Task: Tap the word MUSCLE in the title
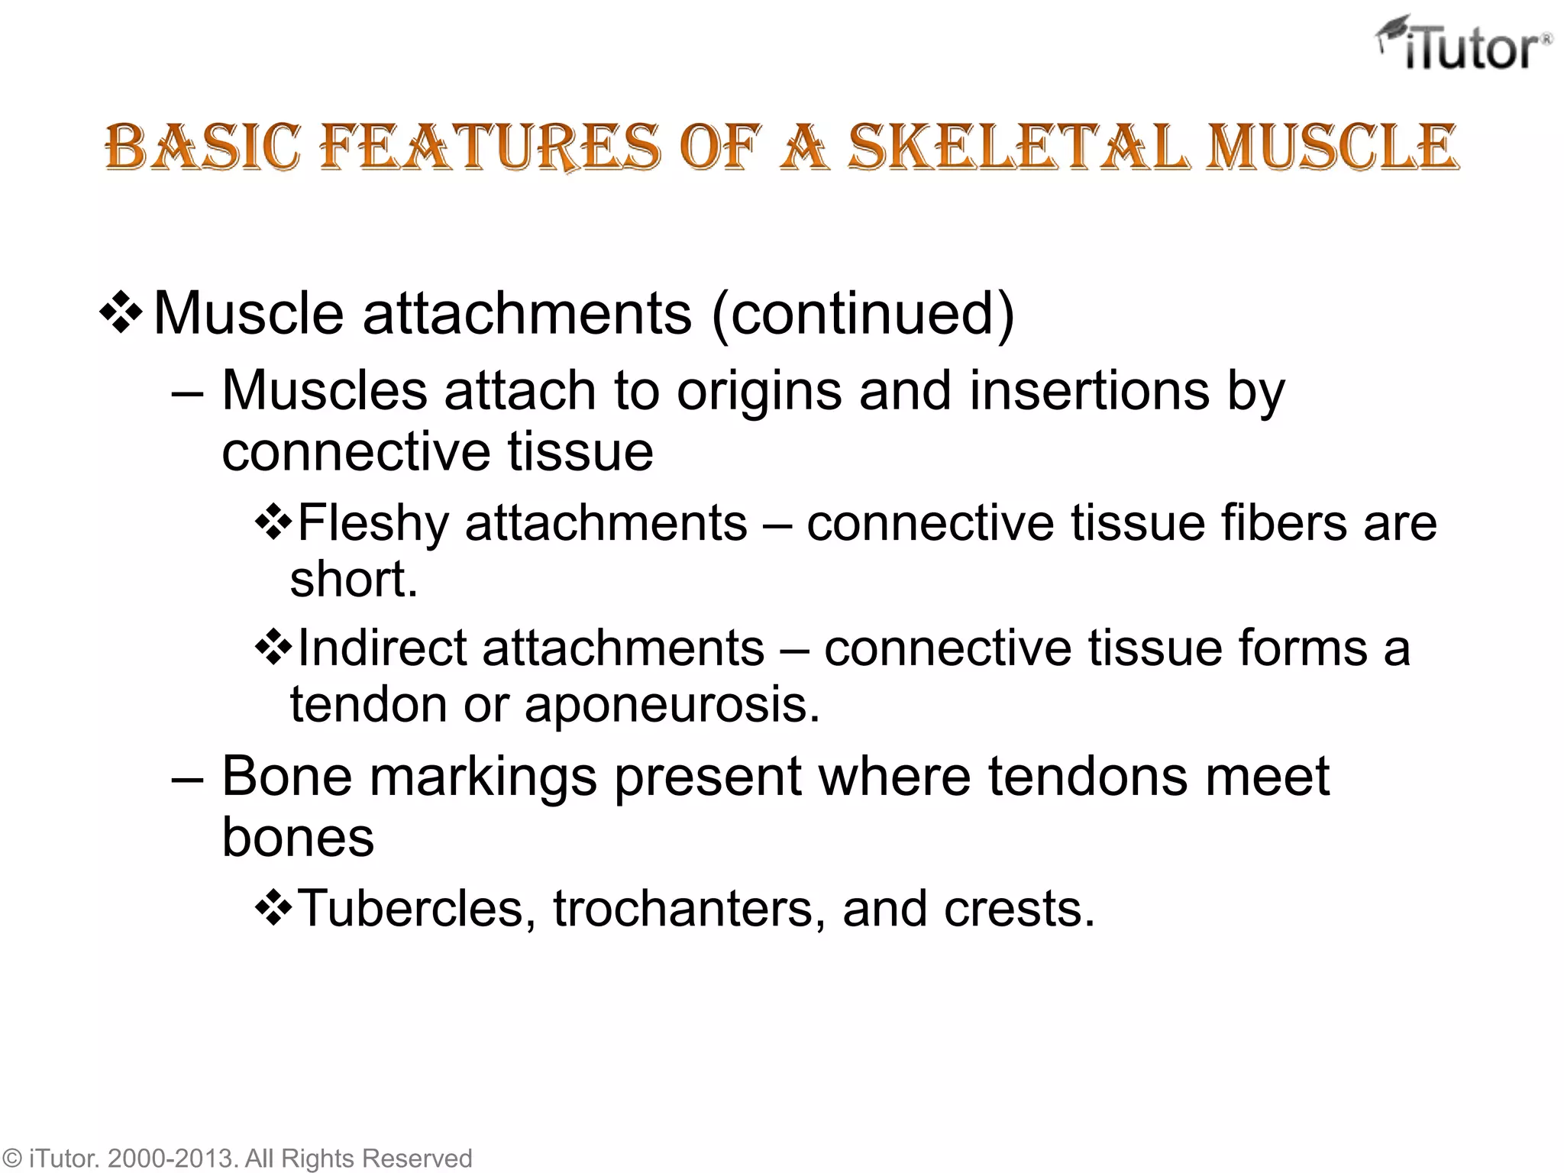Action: pos(1332,147)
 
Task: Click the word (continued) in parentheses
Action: pos(863,313)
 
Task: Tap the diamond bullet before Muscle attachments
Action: pos(121,313)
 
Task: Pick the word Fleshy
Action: pos(373,524)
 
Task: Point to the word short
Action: pos(354,580)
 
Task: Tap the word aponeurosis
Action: pos(671,705)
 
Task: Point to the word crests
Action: pos(1019,910)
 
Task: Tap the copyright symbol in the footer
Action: pos(12,1158)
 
